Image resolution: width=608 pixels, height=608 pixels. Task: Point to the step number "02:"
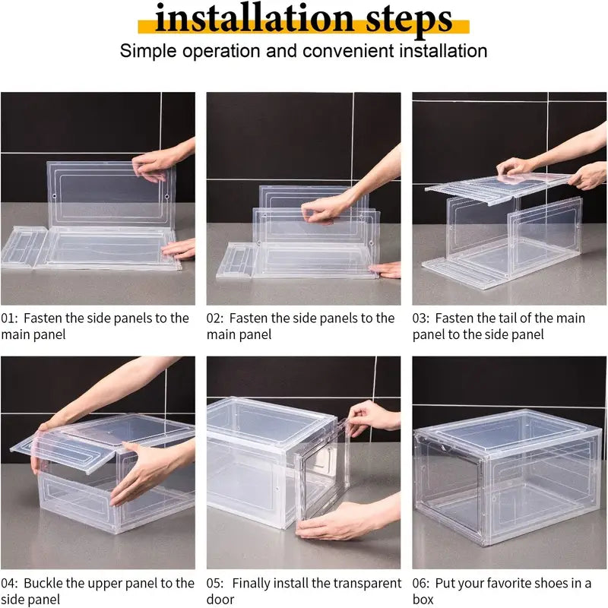pos(216,318)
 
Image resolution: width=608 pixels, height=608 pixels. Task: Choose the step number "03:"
pos(423,318)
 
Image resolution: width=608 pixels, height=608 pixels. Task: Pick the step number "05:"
pos(217,584)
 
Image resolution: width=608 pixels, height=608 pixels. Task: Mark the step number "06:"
pos(423,584)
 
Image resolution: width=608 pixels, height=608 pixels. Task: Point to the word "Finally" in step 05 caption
pos(253,584)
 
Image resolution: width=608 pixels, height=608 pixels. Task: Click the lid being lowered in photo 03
pos(498,183)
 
